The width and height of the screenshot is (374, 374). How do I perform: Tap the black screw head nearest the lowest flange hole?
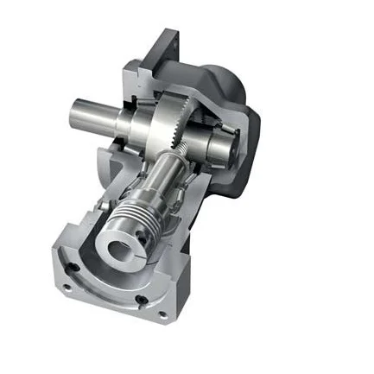pos(140,300)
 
